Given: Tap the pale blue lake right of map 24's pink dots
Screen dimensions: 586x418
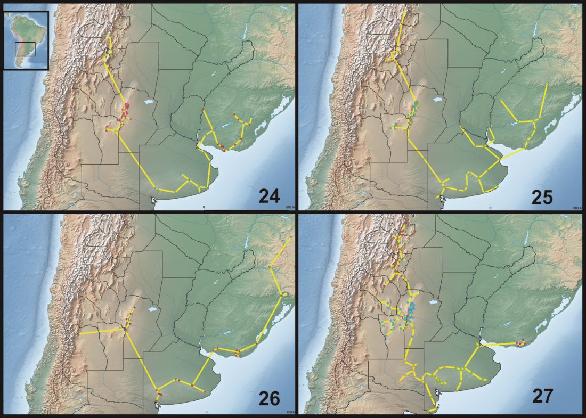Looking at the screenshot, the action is pos(148,101).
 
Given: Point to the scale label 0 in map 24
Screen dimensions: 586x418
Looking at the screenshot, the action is pos(203,207).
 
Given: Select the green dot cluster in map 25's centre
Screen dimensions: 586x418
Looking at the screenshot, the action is pos(413,112).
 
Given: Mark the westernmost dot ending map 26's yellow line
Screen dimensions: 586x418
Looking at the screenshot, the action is pos(80,335).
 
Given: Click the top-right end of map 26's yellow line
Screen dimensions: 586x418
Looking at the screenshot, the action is pos(290,237).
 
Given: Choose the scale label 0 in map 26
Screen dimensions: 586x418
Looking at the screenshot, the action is pos(206,412).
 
